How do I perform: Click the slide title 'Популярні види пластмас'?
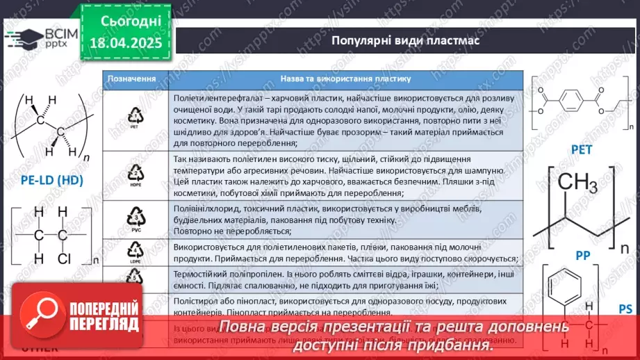pyautogui.click(x=404, y=40)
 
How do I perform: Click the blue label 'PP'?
pyautogui.click(x=582, y=256)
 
